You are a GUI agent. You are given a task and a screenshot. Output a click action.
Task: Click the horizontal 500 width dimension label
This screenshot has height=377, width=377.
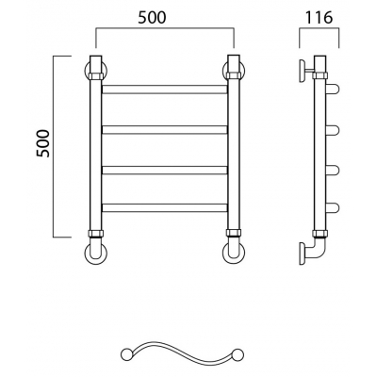click(152, 18)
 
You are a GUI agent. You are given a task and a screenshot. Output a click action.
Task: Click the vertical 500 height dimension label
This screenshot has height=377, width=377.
click(42, 143)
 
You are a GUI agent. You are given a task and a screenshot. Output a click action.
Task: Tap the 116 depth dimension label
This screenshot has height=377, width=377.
click(320, 18)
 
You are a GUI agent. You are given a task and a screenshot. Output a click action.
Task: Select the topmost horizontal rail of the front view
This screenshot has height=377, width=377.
click(165, 90)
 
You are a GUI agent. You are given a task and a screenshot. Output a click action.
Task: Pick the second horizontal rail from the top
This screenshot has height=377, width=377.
click(165, 130)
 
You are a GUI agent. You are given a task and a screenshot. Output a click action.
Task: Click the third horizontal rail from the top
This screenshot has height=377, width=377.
click(165, 170)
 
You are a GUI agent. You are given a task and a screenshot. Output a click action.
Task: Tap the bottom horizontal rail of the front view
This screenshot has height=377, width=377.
click(165, 207)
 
